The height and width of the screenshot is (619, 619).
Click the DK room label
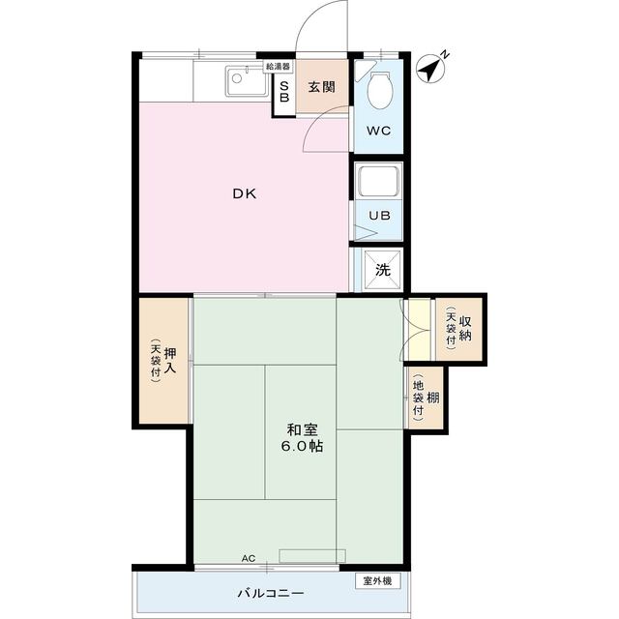(245, 193)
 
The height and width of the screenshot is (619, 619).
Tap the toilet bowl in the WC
(380, 90)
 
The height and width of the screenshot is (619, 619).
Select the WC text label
(378, 131)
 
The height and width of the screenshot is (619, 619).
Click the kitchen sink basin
(247, 81)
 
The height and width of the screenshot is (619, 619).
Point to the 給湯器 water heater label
(278, 67)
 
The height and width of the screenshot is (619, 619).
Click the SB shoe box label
(284, 92)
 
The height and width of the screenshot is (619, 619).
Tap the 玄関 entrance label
(322, 87)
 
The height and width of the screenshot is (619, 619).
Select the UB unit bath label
(379, 216)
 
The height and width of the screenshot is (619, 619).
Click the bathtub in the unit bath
(378, 180)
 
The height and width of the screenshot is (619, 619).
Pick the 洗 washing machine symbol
(383, 270)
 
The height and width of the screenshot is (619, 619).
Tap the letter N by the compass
(445, 54)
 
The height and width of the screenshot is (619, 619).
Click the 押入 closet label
(170, 360)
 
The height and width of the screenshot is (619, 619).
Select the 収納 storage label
(465, 329)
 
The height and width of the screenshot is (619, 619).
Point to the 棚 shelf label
(433, 398)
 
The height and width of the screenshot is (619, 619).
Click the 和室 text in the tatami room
(302, 429)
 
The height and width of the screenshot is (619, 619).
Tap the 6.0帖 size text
(302, 446)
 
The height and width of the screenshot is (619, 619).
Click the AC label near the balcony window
(249, 558)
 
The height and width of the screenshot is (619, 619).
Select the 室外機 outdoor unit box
(378, 581)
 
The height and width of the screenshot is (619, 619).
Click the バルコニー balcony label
(271, 593)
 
